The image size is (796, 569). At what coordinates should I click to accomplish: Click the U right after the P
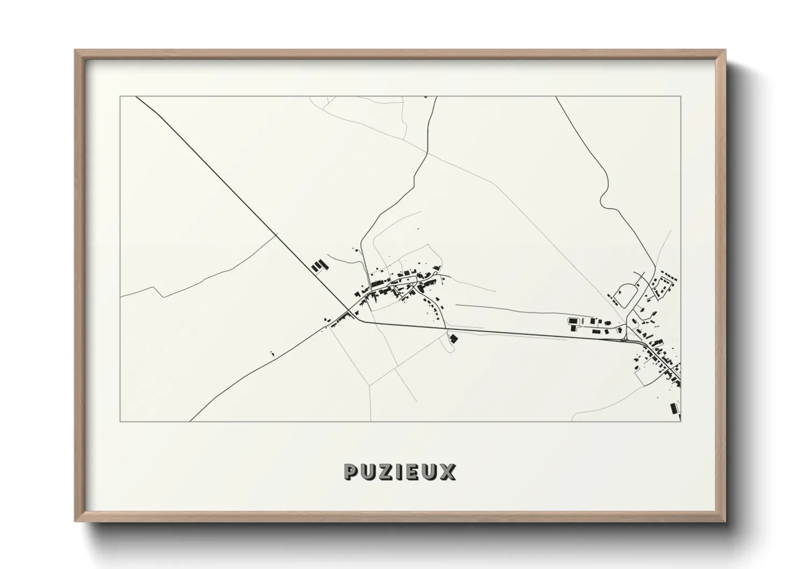(369, 472)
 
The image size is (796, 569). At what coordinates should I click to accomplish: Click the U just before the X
(431, 472)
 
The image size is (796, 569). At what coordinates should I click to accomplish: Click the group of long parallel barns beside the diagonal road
(319, 266)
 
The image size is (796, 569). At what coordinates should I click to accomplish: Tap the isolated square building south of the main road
(453, 338)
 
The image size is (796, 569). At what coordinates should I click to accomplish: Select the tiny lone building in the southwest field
(272, 353)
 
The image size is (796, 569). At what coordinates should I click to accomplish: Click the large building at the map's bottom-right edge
(672, 408)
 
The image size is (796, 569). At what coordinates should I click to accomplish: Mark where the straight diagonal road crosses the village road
(350, 313)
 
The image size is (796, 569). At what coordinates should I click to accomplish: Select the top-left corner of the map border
(120, 97)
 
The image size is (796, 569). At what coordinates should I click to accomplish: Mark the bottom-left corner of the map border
(120, 421)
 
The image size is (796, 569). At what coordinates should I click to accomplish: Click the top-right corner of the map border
(681, 97)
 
